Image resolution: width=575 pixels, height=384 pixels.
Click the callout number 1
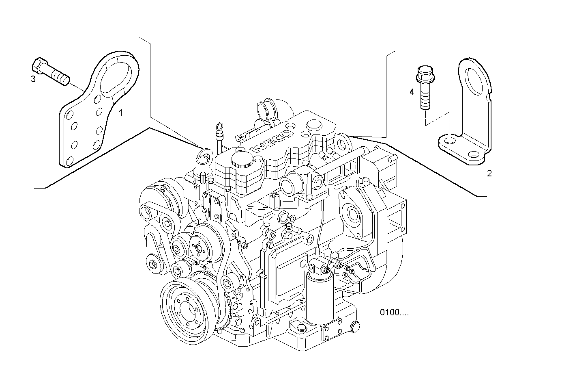pos(120,113)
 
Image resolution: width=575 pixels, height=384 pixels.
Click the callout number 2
pos(489,174)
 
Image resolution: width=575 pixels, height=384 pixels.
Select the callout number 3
pos(33,79)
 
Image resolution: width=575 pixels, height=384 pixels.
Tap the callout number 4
pos(412,92)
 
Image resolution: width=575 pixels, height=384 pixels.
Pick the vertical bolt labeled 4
pos(423,88)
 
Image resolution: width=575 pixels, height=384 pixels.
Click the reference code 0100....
pos(394,312)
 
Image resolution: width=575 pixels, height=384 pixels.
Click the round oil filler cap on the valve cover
pos(242,160)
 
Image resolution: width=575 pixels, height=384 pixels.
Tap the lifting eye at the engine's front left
pos(206,155)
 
